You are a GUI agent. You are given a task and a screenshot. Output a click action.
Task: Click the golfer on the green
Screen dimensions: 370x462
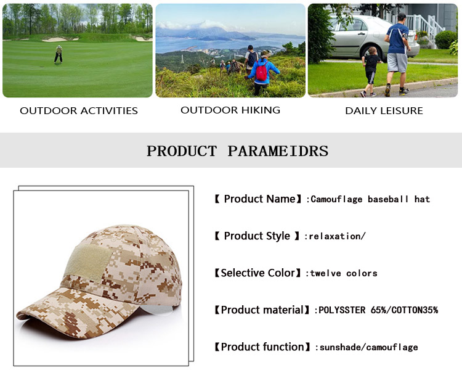tap(59, 54)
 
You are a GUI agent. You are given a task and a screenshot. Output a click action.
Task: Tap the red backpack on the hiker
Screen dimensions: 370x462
tap(262, 72)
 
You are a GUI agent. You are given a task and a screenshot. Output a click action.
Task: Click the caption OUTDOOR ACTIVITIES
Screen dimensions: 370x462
tap(79, 111)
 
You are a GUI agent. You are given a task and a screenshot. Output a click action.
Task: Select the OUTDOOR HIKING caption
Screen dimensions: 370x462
tap(230, 110)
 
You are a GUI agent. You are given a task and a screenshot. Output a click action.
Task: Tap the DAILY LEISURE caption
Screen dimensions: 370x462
tap(384, 111)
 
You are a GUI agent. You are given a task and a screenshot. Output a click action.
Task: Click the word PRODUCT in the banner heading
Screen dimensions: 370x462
tap(182, 151)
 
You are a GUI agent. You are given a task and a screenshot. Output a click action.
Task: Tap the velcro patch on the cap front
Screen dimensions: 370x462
tap(87, 260)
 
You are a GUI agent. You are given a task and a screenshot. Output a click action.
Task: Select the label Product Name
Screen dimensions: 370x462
tap(259, 199)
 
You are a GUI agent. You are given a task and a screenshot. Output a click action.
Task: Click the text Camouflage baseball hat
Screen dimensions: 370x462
tap(370, 199)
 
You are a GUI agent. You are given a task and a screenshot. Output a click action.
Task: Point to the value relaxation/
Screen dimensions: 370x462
tap(338, 236)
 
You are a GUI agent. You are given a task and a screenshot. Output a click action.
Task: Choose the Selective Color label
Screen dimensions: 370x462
tap(259, 273)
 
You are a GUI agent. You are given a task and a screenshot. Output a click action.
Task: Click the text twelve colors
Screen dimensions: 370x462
tap(343, 273)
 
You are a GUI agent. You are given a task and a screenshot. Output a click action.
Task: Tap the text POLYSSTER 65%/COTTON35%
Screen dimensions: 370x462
tap(378, 310)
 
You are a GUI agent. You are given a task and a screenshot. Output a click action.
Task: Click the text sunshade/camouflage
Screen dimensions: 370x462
tap(368, 347)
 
